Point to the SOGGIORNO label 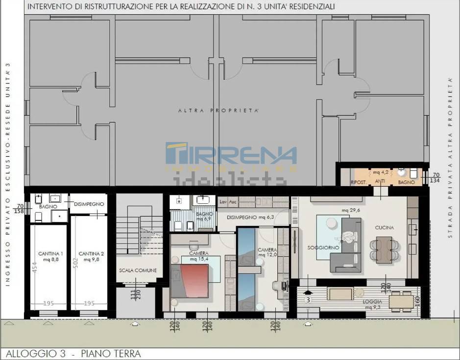pos(323,248)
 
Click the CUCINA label pos(385,228)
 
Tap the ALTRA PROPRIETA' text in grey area pos(218,111)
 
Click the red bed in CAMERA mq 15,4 pos(194,279)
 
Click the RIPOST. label pos(358,182)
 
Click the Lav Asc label pos(228,201)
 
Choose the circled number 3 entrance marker pos(308,299)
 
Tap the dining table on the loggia pos(401,300)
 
